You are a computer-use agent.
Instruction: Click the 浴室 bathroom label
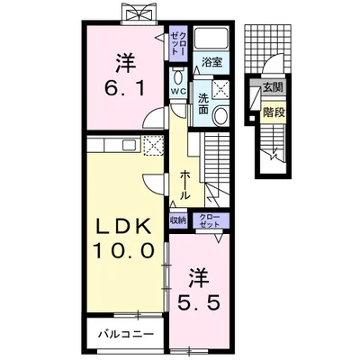pos(211,62)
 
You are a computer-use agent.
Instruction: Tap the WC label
pos(179,91)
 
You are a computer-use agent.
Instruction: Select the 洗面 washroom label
pos(203,103)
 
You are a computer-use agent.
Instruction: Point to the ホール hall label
pos(185,185)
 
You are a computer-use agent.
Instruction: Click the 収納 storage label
pos(178,220)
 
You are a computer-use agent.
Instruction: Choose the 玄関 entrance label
pos(273,87)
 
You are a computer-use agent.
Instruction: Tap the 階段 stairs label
pos(274,112)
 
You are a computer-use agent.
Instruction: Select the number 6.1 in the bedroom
pos(125,88)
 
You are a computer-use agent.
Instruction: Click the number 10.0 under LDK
pos(123,251)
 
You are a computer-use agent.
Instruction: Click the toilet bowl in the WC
pos(178,76)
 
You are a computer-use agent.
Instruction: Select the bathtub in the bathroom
pos(211,39)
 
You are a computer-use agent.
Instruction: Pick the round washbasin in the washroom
pos(221,115)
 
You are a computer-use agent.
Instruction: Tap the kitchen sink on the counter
pos(130,146)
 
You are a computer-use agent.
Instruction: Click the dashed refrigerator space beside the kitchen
pos(153,146)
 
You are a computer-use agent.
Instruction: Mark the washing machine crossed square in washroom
pos(220,89)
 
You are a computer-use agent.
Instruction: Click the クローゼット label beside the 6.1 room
pos(179,44)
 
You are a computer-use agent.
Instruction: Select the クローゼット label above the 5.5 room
pos(211,220)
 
